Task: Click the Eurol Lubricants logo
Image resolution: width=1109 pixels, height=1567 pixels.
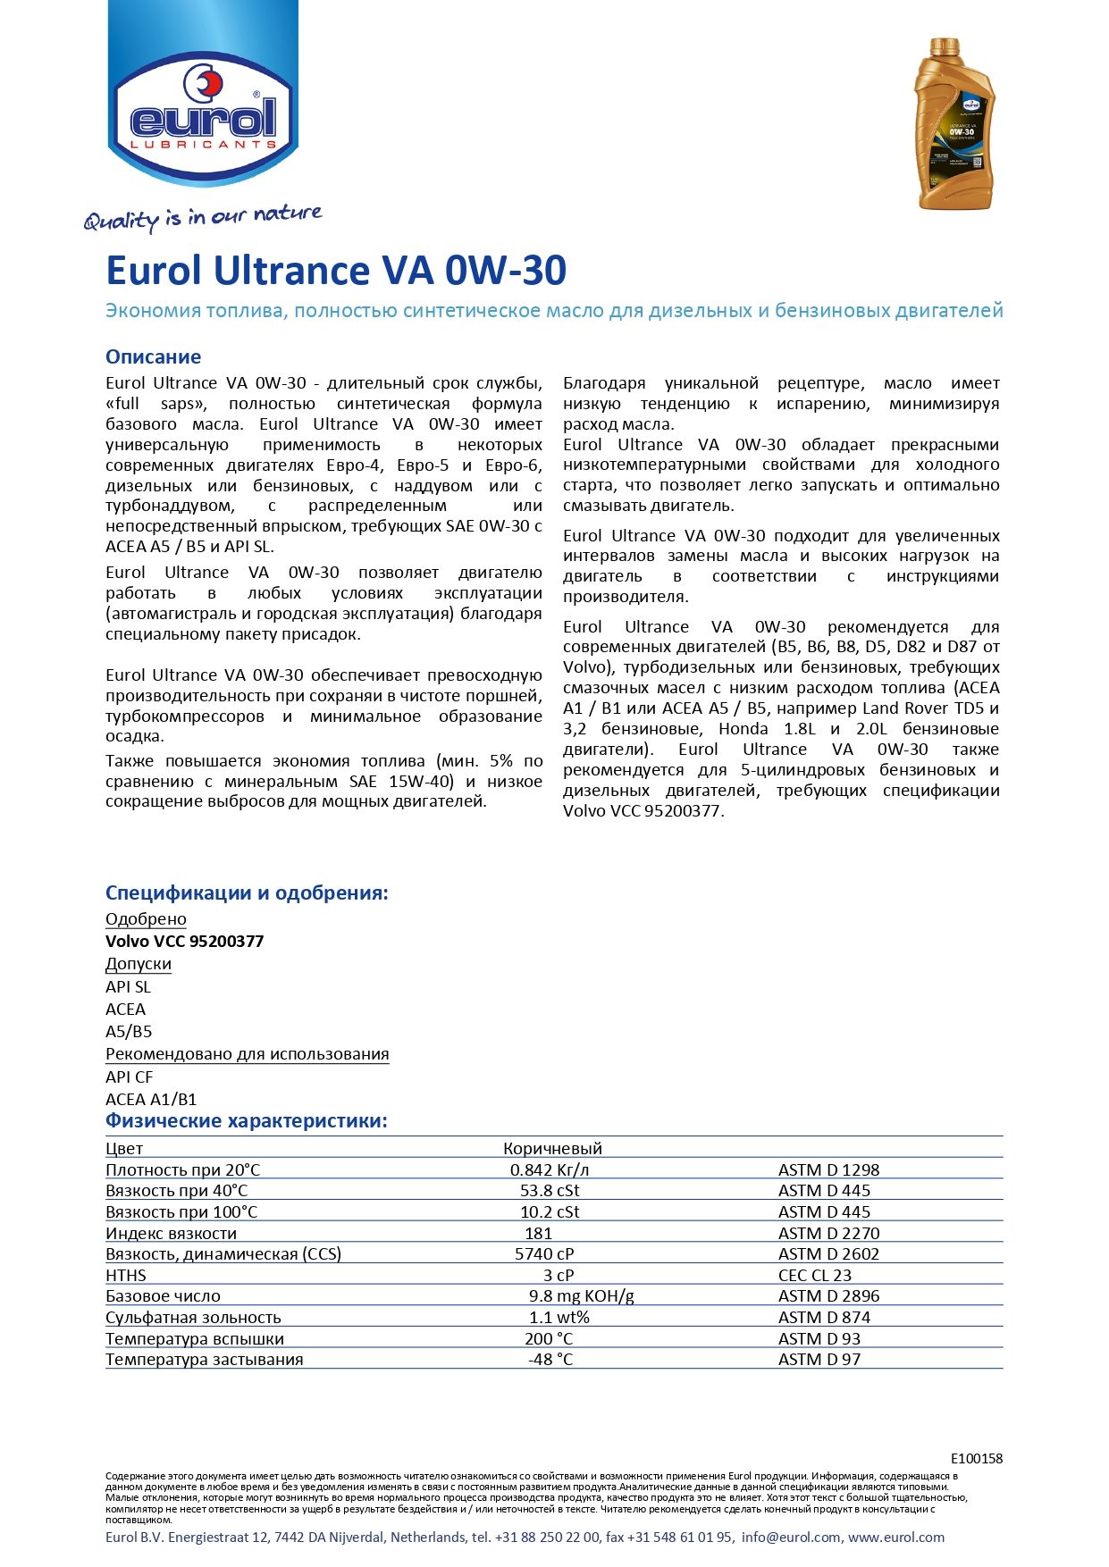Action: pos(204,112)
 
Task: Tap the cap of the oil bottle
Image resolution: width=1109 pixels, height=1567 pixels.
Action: pos(944,46)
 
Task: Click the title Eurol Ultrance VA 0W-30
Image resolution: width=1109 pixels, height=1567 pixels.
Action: pos(336,271)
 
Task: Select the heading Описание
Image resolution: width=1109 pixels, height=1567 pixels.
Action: pos(153,356)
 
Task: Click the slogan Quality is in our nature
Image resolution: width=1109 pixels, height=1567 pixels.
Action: pos(203,217)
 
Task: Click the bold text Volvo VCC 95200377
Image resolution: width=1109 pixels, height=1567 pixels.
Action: pos(184,941)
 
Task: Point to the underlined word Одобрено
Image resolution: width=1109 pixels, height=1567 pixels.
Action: pos(146,918)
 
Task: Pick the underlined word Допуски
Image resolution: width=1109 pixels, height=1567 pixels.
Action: pos(139,964)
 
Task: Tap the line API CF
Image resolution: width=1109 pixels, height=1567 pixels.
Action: pos(129,1077)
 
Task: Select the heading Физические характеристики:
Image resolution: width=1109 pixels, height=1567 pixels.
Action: pos(247,1120)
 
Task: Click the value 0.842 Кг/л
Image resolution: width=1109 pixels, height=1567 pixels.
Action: pos(550,1169)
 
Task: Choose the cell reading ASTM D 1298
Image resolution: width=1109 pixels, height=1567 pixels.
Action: pos(828,1169)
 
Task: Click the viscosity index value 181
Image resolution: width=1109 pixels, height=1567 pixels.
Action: pos(538,1233)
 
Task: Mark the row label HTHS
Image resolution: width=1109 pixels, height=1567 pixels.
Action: pos(125,1275)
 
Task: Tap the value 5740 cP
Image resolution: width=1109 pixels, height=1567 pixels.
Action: pos(544,1253)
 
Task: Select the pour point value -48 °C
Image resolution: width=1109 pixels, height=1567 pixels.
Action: pos(550,1359)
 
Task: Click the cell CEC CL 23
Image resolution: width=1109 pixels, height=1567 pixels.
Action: pos(814,1275)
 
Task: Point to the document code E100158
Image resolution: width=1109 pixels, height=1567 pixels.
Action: pos(976,1458)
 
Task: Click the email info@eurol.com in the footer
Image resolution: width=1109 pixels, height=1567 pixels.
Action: pos(791,1538)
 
